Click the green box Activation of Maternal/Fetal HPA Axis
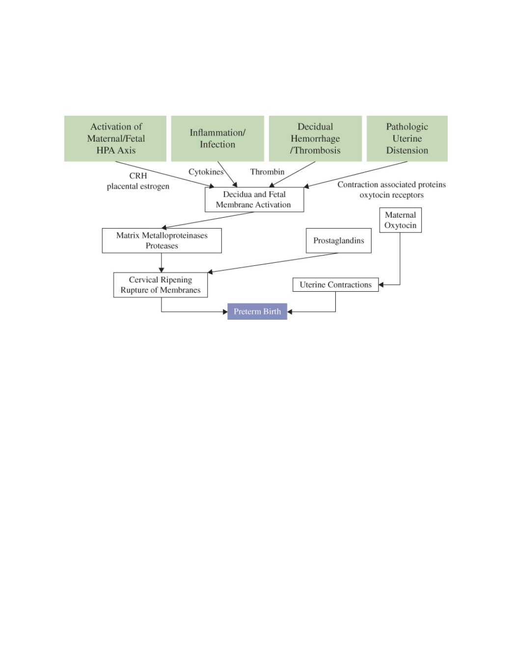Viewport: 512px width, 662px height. [x=115, y=138]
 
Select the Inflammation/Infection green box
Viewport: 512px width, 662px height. [x=217, y=138]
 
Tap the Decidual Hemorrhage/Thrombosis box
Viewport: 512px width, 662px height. [x=315, y=138]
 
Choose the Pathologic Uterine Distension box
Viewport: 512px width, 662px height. [x=407, y=138]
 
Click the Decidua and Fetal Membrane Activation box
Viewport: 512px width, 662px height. [x=254, y=200]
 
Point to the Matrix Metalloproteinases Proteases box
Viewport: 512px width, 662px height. [x=162, y=240]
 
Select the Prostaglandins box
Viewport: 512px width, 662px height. [x=339, y=240]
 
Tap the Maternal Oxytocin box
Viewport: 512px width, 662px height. [x=401, y=220]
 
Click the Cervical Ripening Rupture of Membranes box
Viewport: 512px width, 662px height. [x=161, y=285]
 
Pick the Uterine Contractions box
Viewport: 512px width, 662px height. [x=335, y=284]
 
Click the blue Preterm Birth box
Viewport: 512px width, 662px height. [x=257, y=311]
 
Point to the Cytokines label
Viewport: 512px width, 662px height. [x=206, y=172]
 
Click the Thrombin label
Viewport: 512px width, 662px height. [x=267, y=172]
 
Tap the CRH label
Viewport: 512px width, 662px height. [x=138, y=176]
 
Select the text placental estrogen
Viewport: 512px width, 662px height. [x=138, y=186]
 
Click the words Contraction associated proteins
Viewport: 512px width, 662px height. [x=392, y=184]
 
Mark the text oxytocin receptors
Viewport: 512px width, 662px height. [x=392, y=195]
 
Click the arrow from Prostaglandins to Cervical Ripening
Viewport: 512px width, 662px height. [x=273, y=263]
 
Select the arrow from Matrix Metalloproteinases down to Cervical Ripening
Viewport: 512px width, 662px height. [x=162, y=263]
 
